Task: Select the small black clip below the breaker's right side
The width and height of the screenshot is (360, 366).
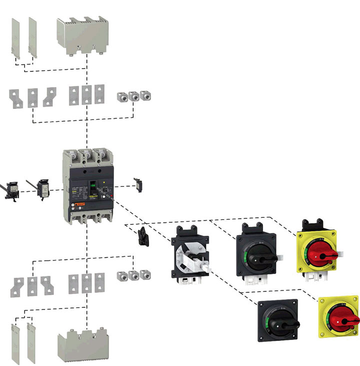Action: [x=144, y=235]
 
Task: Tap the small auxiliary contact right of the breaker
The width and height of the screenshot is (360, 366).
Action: [x=138, y=183]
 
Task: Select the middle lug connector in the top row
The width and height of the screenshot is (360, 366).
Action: [x=133, y=97]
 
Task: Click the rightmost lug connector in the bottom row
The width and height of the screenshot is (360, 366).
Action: [x=145, y=275]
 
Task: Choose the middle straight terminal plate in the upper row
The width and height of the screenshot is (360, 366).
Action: [x=87, y=96]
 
